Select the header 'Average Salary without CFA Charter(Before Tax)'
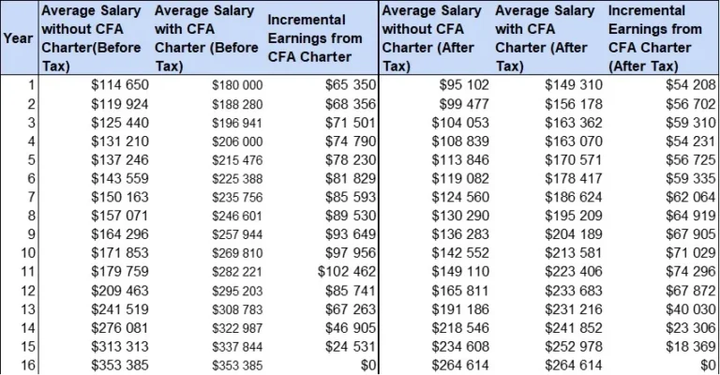(93, 37)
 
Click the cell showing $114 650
(119, 84)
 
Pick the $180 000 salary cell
(236, 84)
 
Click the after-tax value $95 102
(463, 84)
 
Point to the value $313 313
(119, 346)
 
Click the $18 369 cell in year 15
(689, 346)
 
